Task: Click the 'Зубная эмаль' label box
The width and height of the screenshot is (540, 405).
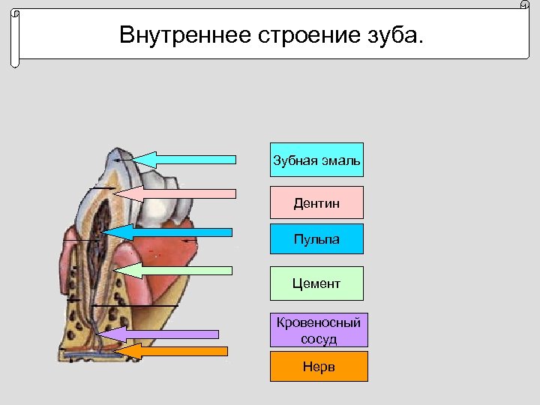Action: coord(316,160)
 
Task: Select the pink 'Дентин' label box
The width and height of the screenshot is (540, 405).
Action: coord(316,202)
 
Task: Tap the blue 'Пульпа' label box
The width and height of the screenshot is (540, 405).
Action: coord(316,238)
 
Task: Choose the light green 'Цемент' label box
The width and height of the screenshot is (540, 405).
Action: coord(316,283)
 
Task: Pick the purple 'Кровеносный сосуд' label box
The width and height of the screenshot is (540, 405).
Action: coord(319,330)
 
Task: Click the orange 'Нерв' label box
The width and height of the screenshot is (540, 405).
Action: coord(319,367)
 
